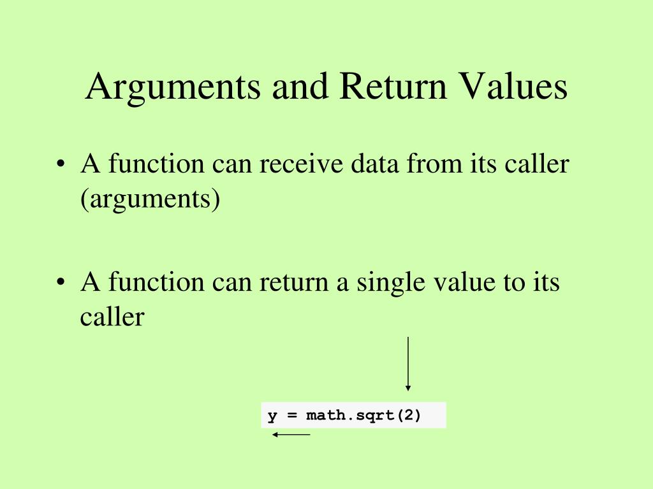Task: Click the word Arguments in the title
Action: (x=173, y=87)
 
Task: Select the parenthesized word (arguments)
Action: (x=150, y=199)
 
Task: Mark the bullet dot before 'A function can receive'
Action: (x=61, y=166)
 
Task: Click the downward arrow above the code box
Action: (x=408, y=364)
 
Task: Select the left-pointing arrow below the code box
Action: (x=291, y=435)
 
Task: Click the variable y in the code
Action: (x=272, y=416)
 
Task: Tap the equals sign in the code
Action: (x=291, y=416)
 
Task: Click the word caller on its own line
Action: (x=112, y=316)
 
